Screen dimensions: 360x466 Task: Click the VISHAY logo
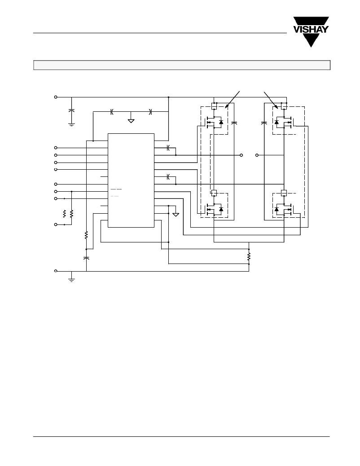[x=311, y=31]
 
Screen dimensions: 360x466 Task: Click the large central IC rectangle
[x=131, y=180]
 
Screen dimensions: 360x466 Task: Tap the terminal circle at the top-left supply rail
[x=56, y=97]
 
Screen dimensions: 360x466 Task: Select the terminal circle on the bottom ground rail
[x=56, y=271]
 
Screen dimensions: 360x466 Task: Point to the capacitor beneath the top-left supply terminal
[x=71, y=110]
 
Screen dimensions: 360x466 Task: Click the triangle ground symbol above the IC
[x=131, y=121]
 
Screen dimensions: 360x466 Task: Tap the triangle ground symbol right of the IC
[x=176, y=215]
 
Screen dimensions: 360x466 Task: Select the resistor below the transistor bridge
[x=249, y=256]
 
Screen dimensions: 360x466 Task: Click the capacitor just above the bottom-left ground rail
[x=86, y=258]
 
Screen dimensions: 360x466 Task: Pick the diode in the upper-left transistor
[x=221, y=122]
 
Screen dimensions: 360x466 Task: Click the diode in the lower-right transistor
[x=277, y=209]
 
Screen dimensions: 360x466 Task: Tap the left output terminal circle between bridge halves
[x=241, y=155]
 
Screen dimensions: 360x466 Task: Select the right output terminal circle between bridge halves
[x=257, y=155]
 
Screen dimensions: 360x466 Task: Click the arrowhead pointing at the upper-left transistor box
[x=227, y=106]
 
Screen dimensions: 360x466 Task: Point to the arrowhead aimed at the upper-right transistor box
[x=276, y=107]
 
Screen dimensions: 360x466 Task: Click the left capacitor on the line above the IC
[x=112, y=112]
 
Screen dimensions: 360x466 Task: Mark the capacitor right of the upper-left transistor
[x=234, y=123]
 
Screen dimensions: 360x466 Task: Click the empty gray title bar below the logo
[x=182, y=65]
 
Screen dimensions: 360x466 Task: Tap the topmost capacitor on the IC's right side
[x=168, y=148]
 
